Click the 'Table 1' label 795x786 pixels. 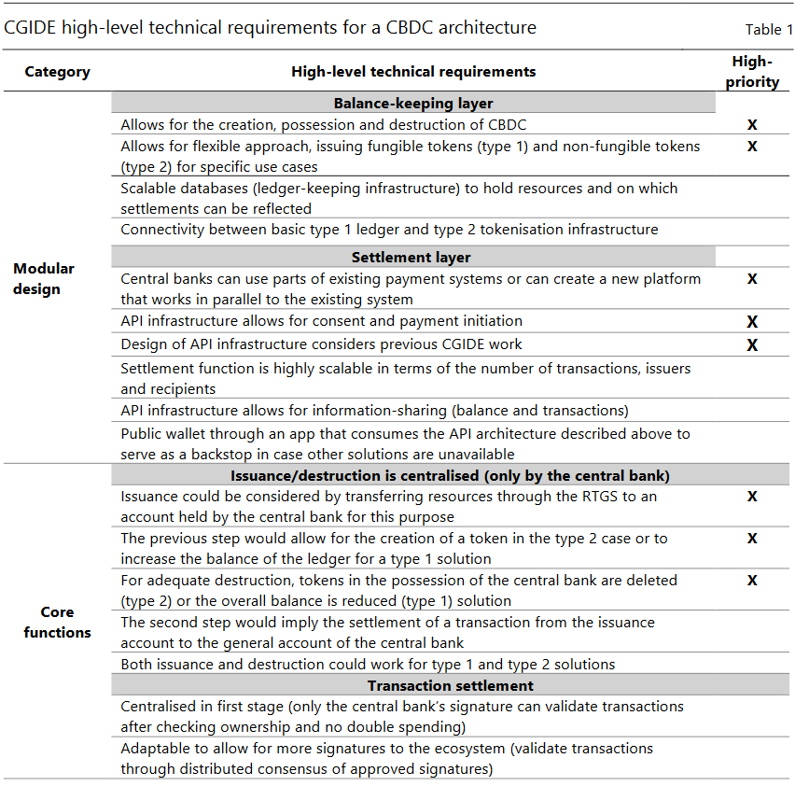769,30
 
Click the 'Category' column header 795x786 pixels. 57,72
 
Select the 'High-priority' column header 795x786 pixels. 751,72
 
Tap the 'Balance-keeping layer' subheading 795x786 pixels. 413,104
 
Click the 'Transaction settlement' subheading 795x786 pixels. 413,686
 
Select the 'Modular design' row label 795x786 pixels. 44,278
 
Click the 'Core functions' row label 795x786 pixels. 57,622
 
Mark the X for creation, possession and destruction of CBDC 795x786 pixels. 752,125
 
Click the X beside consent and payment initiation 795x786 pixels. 752,322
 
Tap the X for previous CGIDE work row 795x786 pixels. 752,345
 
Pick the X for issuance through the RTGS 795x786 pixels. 752,497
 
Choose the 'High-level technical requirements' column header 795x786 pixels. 413,72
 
